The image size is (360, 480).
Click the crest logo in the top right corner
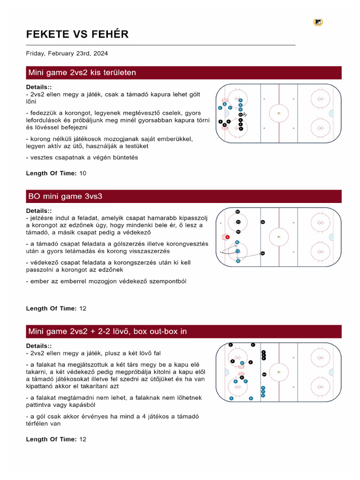(318, 22)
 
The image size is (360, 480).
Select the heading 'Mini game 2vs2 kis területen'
(82, 73)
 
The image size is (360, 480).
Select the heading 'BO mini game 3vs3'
(66, 196)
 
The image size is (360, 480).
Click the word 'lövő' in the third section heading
(121, 331)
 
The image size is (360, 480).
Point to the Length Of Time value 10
(83, 173)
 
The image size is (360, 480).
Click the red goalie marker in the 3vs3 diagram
(227, 237)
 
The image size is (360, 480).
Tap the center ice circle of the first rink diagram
(279, 113)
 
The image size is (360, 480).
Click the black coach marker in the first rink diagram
(241, 114)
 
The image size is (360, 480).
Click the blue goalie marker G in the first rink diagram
(225, 104)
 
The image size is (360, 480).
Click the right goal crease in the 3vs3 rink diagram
(331, 237)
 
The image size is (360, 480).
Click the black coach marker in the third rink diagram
(264, 374)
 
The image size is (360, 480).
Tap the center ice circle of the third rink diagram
(279, 372)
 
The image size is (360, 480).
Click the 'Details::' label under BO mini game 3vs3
(39, 211)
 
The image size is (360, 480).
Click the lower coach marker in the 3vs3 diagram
(262, 253)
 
